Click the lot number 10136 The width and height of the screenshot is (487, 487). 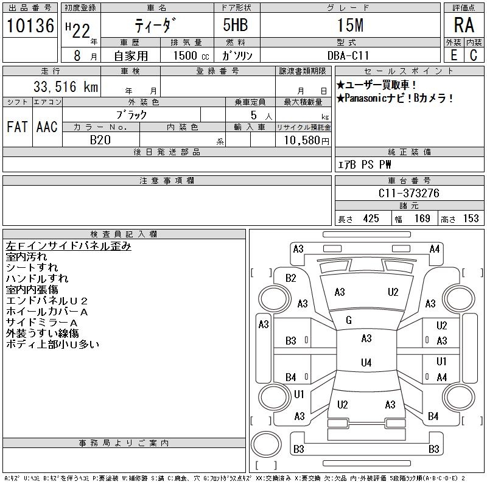pos(30,26)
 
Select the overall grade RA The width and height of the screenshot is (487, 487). pos(464,25)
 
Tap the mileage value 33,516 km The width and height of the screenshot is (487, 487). pos(66,86)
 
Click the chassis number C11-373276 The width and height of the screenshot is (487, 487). pos(409,193)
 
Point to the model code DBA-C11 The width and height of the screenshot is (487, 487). pos(348,55)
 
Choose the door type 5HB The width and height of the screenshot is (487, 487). pos(236,25)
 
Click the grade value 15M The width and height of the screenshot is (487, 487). pos(351,25)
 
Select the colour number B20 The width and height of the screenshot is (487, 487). pos(100,140)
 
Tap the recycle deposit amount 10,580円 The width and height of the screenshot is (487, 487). pos(307,141)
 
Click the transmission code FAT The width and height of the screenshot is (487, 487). pos(18,127)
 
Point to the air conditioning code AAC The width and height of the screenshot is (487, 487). pos(47,127)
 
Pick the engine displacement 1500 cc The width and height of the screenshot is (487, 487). pos(191,55)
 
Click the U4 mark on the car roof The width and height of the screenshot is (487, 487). pos(366,362)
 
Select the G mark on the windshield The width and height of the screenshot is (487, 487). pos(349,320)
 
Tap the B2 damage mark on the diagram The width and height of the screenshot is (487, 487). pos(291,278)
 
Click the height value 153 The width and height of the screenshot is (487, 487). pos(471,219)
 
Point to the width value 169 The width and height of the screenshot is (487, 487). pos(422,219)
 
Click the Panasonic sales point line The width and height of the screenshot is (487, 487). pos(394,99)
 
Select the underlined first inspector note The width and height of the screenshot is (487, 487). pos(68,246)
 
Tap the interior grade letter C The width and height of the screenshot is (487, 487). pos(474,55)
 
